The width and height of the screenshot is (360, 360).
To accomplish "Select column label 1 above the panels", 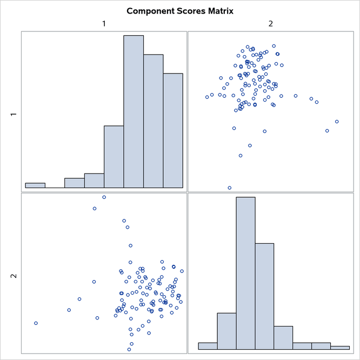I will pyautogui.click(x=104, y=23).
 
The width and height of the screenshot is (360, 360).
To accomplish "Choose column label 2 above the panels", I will pyautogui.click(x=270, y=23).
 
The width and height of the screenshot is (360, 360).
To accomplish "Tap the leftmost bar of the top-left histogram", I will pyautogui.click(x=35, y=185).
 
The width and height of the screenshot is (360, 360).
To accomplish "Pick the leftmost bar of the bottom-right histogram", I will pyautogui.click(x=208, y=346).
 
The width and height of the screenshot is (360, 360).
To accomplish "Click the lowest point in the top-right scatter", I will pyautogui.click(x=230, y=188).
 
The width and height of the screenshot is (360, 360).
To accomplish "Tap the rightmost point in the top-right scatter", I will pyautogui.click(x=337, y=122).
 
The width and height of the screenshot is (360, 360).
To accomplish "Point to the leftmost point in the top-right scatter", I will pyautogui.click(x=207, y=97).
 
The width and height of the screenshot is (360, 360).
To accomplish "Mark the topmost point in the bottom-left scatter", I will pyautogui.click(x=104, y=197).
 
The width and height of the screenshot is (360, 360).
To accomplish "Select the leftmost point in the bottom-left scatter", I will pyautogui.click(x=36, y=323).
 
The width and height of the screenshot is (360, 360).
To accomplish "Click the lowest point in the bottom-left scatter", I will pyautogui.click(x=129, y=349).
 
